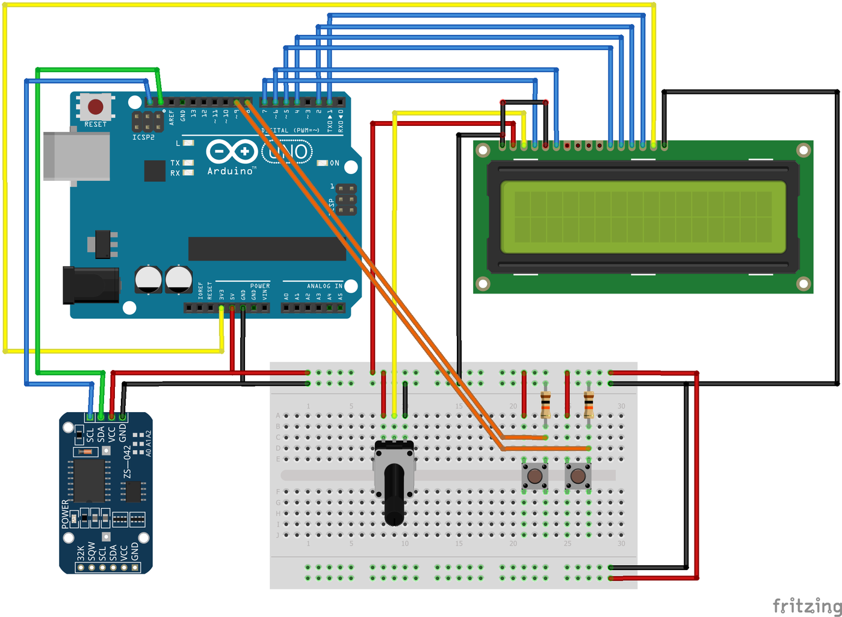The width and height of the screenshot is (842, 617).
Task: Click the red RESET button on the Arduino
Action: (x=96, y=107)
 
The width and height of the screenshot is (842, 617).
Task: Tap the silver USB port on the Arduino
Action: (x=76, y=156)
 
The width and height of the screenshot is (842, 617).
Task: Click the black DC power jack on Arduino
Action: (x=91, y=285)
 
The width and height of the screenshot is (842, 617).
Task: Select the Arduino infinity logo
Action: (x=232, y=151)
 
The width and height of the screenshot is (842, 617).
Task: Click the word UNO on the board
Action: (x=288, y=151)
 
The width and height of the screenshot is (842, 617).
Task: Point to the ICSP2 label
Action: (x=144, y=137)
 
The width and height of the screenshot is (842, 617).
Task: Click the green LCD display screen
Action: (x=643, y=217)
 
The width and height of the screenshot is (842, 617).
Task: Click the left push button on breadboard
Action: (x=534, y=476)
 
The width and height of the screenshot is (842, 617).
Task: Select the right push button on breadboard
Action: (x=578, y=476)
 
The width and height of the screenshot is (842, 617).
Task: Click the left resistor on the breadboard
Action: (x=545, y=404)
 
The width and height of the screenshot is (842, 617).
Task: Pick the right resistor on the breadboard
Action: (x=589, y=404)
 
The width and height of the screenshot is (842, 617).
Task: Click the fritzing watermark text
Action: (x=806, y=605)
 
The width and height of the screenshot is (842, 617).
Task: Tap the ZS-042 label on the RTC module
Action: (x=127, y=462)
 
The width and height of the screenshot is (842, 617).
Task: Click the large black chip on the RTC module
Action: (x=89, y=480)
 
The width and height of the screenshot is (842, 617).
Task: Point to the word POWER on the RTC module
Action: (x=66, y=514)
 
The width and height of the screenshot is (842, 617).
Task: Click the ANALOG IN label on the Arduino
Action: (x=324, y=286)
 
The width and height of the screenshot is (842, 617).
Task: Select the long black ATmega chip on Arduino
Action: (x=267, y=248)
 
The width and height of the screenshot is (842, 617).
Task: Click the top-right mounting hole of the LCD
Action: (x=803, y=149)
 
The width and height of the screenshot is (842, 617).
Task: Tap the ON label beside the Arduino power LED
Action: (x=335, y=163)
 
